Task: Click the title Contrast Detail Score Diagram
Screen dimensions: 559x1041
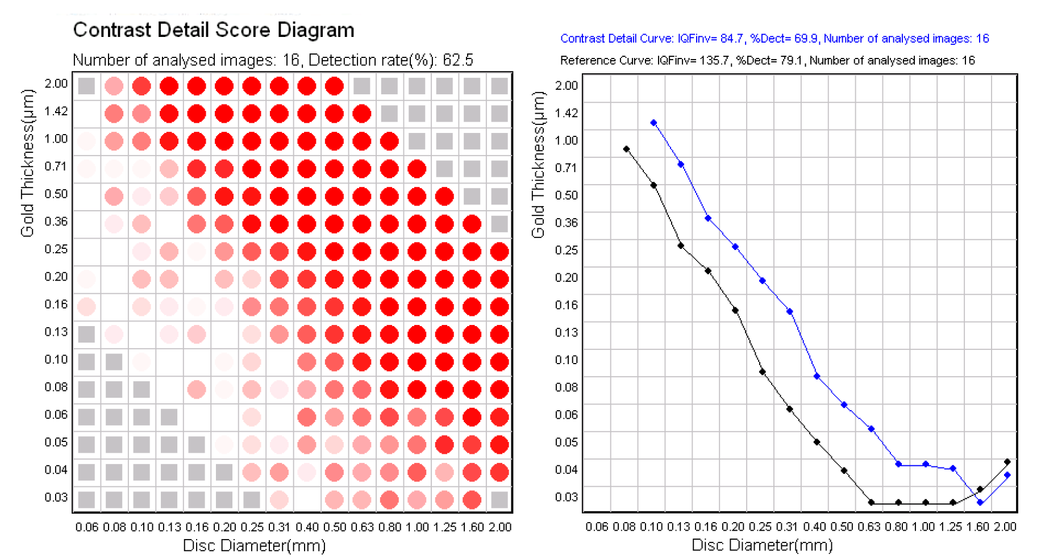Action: coord(214,30)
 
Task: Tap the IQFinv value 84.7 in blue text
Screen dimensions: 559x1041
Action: coord(732,39)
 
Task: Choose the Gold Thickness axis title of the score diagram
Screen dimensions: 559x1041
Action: coord(27,163)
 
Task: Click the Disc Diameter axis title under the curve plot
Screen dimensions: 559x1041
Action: coord(762,545)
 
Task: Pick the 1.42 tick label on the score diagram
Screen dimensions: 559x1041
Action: coord(56,111)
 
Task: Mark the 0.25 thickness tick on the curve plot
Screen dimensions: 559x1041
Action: coord(567,250)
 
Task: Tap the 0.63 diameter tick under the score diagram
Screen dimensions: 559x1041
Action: coord(362,527)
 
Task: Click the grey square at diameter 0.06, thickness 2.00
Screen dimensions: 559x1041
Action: coord(86,86)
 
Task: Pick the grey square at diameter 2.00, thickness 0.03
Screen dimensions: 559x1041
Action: coord(499,500)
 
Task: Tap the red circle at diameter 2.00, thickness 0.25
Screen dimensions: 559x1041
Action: coord(499,251)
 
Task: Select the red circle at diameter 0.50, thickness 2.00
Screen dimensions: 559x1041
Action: coord(334,86)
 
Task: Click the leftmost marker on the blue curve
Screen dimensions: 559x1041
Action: coord(653,123)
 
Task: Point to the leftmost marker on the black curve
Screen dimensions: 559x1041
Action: coord(626,149)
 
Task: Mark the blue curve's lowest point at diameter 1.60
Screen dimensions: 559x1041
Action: coord(980,502)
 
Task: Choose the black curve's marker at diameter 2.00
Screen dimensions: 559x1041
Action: coord(1007,462)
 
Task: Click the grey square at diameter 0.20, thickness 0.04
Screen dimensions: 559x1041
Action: coord(224,472)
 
